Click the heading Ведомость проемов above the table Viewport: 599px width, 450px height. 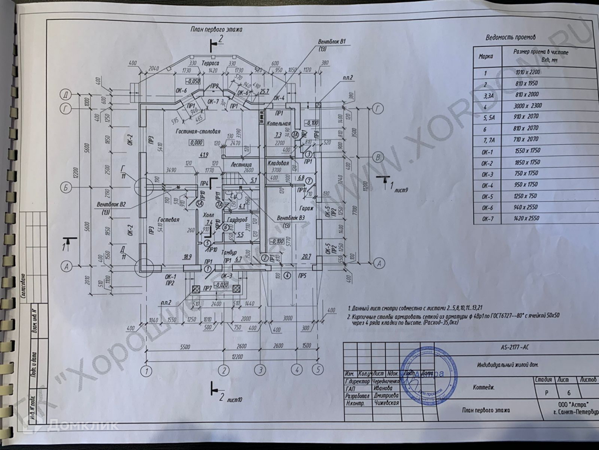coord(511,37)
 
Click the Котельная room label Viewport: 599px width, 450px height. coord(279,124)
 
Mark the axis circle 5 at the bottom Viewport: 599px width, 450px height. coord(318,370)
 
